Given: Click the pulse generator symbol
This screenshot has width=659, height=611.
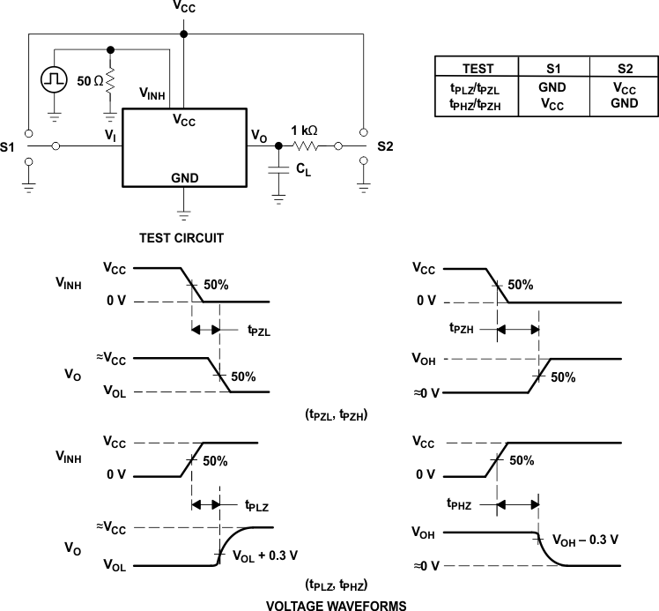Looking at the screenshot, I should tap(53, 78).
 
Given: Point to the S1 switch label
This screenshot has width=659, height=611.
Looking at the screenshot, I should tap(10, 145).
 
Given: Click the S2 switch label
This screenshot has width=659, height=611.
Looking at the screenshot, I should tap(385, 145).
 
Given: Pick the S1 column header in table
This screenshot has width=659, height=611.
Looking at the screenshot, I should tap(552, 69).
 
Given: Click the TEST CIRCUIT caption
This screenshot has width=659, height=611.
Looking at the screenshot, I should tap(183, 237).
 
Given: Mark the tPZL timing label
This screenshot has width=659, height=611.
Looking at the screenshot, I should tap(259, 332).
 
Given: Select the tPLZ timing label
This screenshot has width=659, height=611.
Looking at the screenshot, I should tap(259, 507).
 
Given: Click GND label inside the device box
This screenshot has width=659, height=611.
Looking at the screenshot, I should tap(184, 177).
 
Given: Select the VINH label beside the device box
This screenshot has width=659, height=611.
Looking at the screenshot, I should tap(153, 93).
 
